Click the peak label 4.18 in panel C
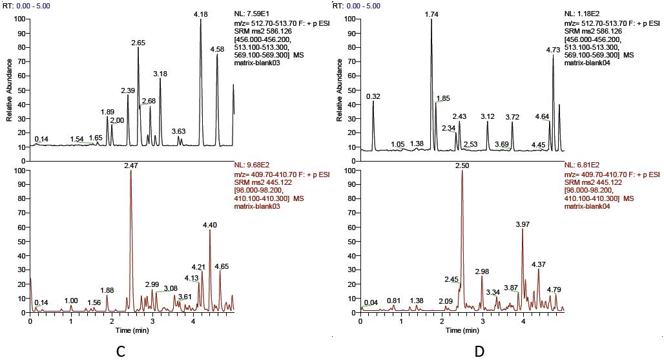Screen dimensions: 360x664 [x=201, y=14]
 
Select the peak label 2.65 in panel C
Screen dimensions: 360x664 [x=138, y=43]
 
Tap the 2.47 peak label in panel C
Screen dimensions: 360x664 [x=131, y=166]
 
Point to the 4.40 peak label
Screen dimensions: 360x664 [x=210, y=224]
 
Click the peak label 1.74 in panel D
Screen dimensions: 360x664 [x=431, y=14]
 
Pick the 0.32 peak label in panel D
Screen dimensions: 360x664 [x=373, y=96]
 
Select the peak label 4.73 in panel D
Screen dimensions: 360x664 [x=553, y=49]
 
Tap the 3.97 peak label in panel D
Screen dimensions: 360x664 [x=522, y=224]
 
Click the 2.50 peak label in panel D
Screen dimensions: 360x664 [x=462, y=166]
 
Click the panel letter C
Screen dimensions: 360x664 [x=120, y=351]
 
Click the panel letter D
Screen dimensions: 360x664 [x=479, y=351]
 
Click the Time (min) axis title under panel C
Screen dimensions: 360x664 [x=131, y=330]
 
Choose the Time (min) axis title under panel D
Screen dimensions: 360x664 [x=462, y=330]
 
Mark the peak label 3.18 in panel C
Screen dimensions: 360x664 [x=160, y=74]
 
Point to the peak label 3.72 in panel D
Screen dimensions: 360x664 [x=512, y=117]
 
